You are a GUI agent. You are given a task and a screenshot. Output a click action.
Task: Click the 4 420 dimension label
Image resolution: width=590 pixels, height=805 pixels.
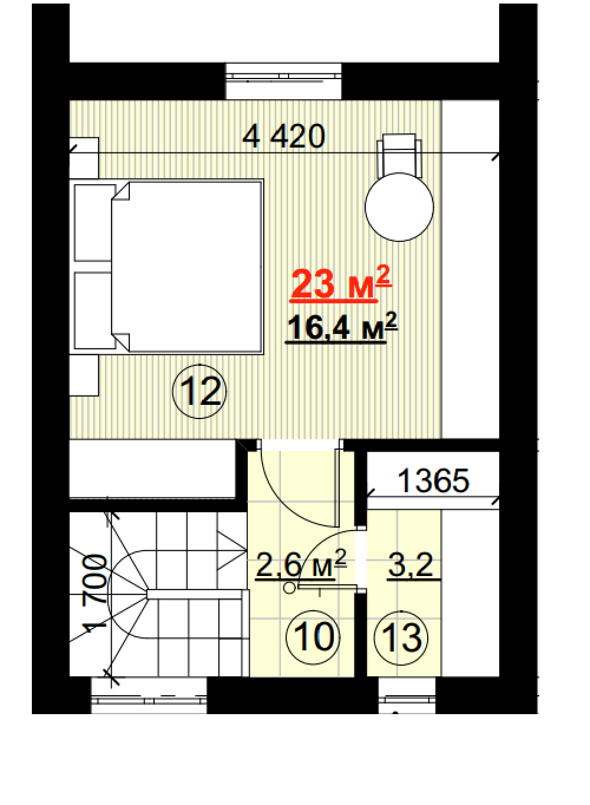tap(284, 136)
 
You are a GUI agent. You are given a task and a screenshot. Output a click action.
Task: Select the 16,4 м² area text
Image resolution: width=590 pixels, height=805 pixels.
tap(342, 326)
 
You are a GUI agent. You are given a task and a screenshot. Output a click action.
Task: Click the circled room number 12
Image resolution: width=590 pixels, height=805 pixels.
tap(199, 392)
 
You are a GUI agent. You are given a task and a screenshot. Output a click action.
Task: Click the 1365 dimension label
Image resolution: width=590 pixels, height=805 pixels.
tap(433, 480)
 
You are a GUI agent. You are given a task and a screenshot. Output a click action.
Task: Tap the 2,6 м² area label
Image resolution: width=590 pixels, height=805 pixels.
tap(301, 565)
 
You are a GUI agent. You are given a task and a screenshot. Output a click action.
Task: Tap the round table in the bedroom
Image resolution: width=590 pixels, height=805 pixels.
tap(399, 207)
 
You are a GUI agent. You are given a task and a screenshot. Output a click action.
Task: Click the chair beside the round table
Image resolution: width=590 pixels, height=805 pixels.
tap(399, 155)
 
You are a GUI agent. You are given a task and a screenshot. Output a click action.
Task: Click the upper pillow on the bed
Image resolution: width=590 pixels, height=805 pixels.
tap(94, 223)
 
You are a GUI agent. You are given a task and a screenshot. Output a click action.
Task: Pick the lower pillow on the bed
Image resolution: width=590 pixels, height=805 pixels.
tap(94, 310)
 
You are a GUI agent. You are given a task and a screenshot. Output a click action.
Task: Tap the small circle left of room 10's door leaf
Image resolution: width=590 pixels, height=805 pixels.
tap(289, 588)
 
